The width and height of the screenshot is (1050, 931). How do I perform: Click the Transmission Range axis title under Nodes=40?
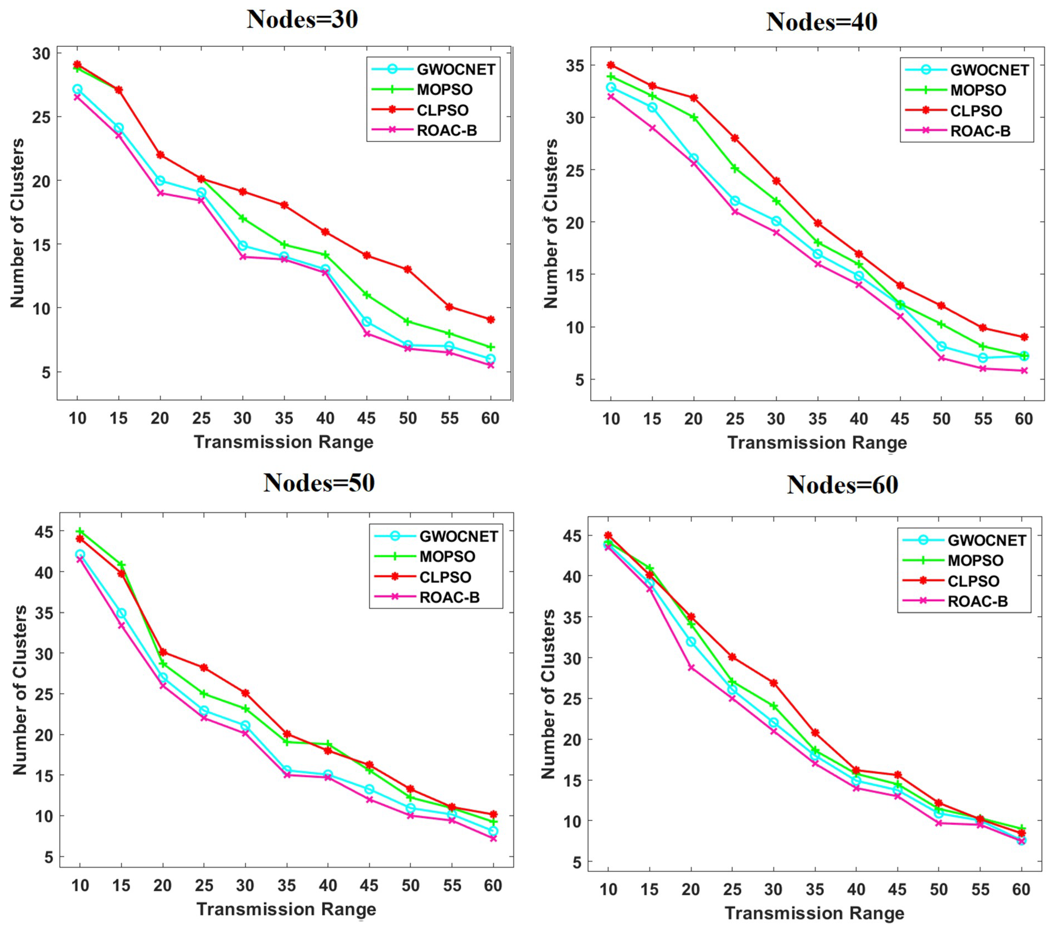click(817, 443)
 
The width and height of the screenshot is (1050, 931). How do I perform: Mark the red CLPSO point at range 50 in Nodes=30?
click(408, 269)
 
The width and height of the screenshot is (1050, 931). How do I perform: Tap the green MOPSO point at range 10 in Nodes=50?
click(80, 531)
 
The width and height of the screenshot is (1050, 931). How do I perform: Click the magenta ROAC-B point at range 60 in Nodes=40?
click(1024, 370)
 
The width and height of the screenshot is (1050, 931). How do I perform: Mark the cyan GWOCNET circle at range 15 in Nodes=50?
click(121, 613)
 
